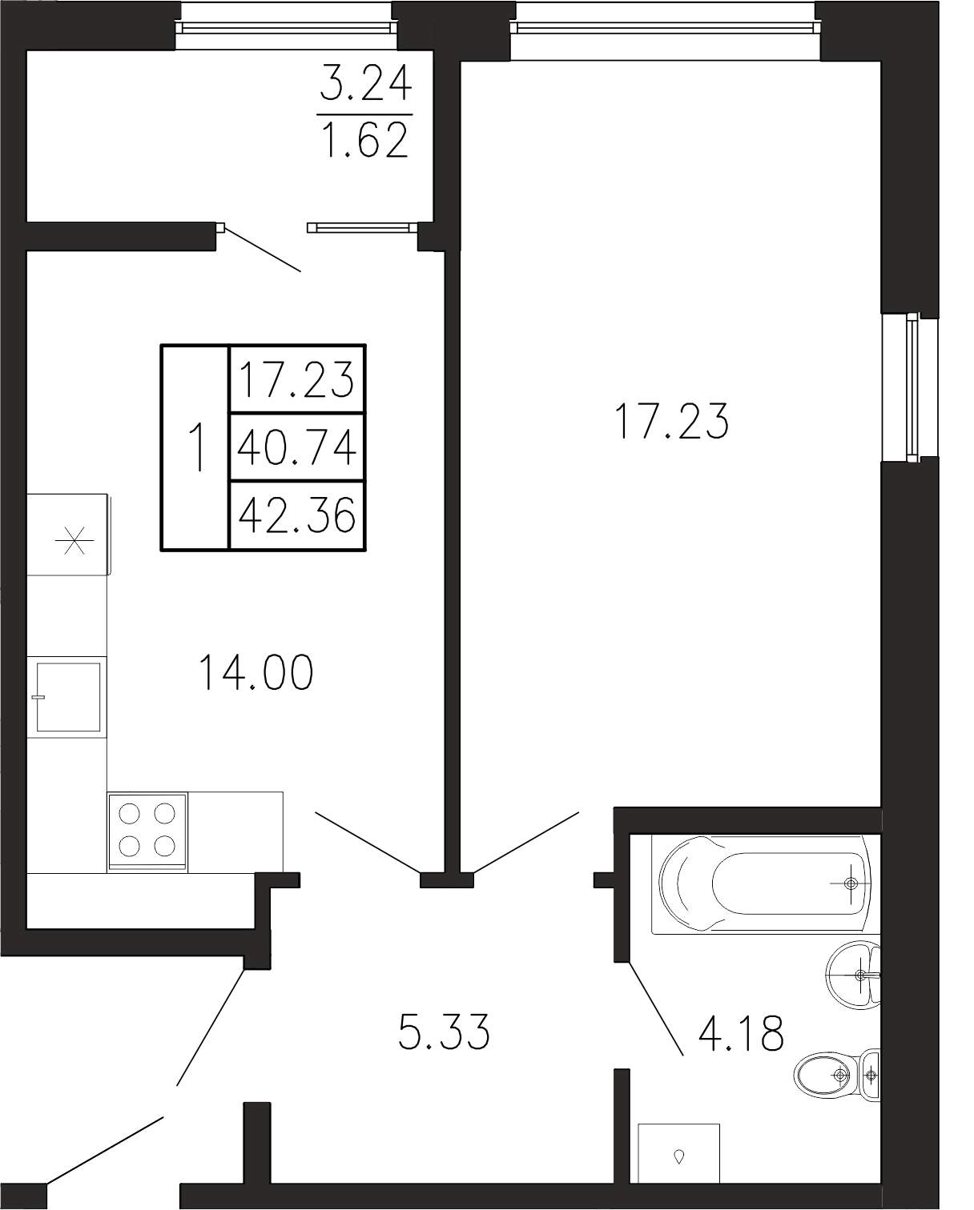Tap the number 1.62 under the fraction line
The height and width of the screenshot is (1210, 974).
point(364,141)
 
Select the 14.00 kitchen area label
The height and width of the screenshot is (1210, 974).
point(256,673)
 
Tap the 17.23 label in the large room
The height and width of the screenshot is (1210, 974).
point(673,421)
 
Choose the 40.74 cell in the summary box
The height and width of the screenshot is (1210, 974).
point(297,447)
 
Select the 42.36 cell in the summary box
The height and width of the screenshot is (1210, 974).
point(297,515)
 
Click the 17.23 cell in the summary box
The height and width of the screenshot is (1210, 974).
point(297,379)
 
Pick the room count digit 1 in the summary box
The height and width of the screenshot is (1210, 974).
point(196,447)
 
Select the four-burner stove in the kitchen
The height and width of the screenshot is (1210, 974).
point(147,831)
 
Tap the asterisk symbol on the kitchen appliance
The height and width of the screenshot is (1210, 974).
point(74,541)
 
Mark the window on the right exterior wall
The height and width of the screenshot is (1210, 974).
point(911,389)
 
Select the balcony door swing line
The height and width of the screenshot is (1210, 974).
point(262,249)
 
